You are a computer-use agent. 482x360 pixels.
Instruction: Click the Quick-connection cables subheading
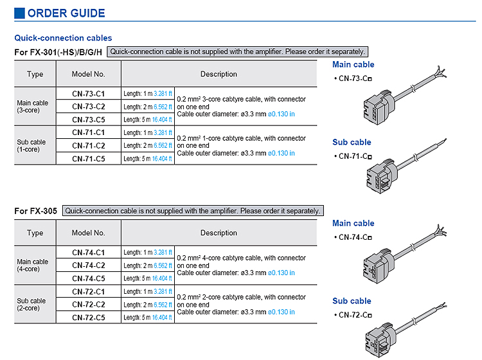[x=63, y=38]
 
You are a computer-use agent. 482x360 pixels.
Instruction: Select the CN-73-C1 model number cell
[x=89, y=94]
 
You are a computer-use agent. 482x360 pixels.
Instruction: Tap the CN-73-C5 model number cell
[x=89, y=120]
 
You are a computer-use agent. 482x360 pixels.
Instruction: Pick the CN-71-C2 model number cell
[x=89, y=145]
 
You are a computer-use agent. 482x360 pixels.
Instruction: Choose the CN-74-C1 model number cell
[x=89, y=253]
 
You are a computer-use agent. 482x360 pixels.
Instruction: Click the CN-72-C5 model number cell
[x=89, y=318]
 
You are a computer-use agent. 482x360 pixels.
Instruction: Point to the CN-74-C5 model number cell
[x=89, y=278]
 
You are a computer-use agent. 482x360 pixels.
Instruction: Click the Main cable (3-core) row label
[x=33, y=107]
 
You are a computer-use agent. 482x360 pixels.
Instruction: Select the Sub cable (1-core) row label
[x=31, y=146]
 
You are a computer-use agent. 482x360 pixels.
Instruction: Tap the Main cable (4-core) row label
[x=33, y=265]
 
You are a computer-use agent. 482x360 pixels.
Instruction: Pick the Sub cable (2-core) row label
[x=31, y=305]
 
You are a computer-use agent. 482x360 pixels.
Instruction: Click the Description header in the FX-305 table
[x=219, y=233]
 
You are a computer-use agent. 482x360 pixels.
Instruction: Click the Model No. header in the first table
[x=89, y=74]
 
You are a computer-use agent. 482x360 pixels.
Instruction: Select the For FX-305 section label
[x=35, y=211]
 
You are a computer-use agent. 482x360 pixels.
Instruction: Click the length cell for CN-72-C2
[x=148, y=305]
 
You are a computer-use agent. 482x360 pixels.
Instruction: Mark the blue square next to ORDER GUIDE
[x=20, y=13]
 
